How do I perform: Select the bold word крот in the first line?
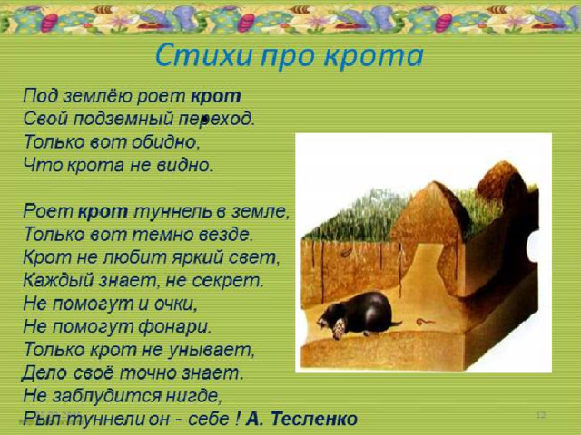coord(216,96)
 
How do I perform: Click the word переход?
coord(217,119)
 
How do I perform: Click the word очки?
coord(175,304)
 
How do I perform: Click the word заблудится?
coord(107,396)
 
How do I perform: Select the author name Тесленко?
coord(314,419)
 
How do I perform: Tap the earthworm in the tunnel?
coord(425,322)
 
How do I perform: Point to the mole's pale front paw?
coord(339,330)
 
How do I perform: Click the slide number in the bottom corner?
coord(541,415)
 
